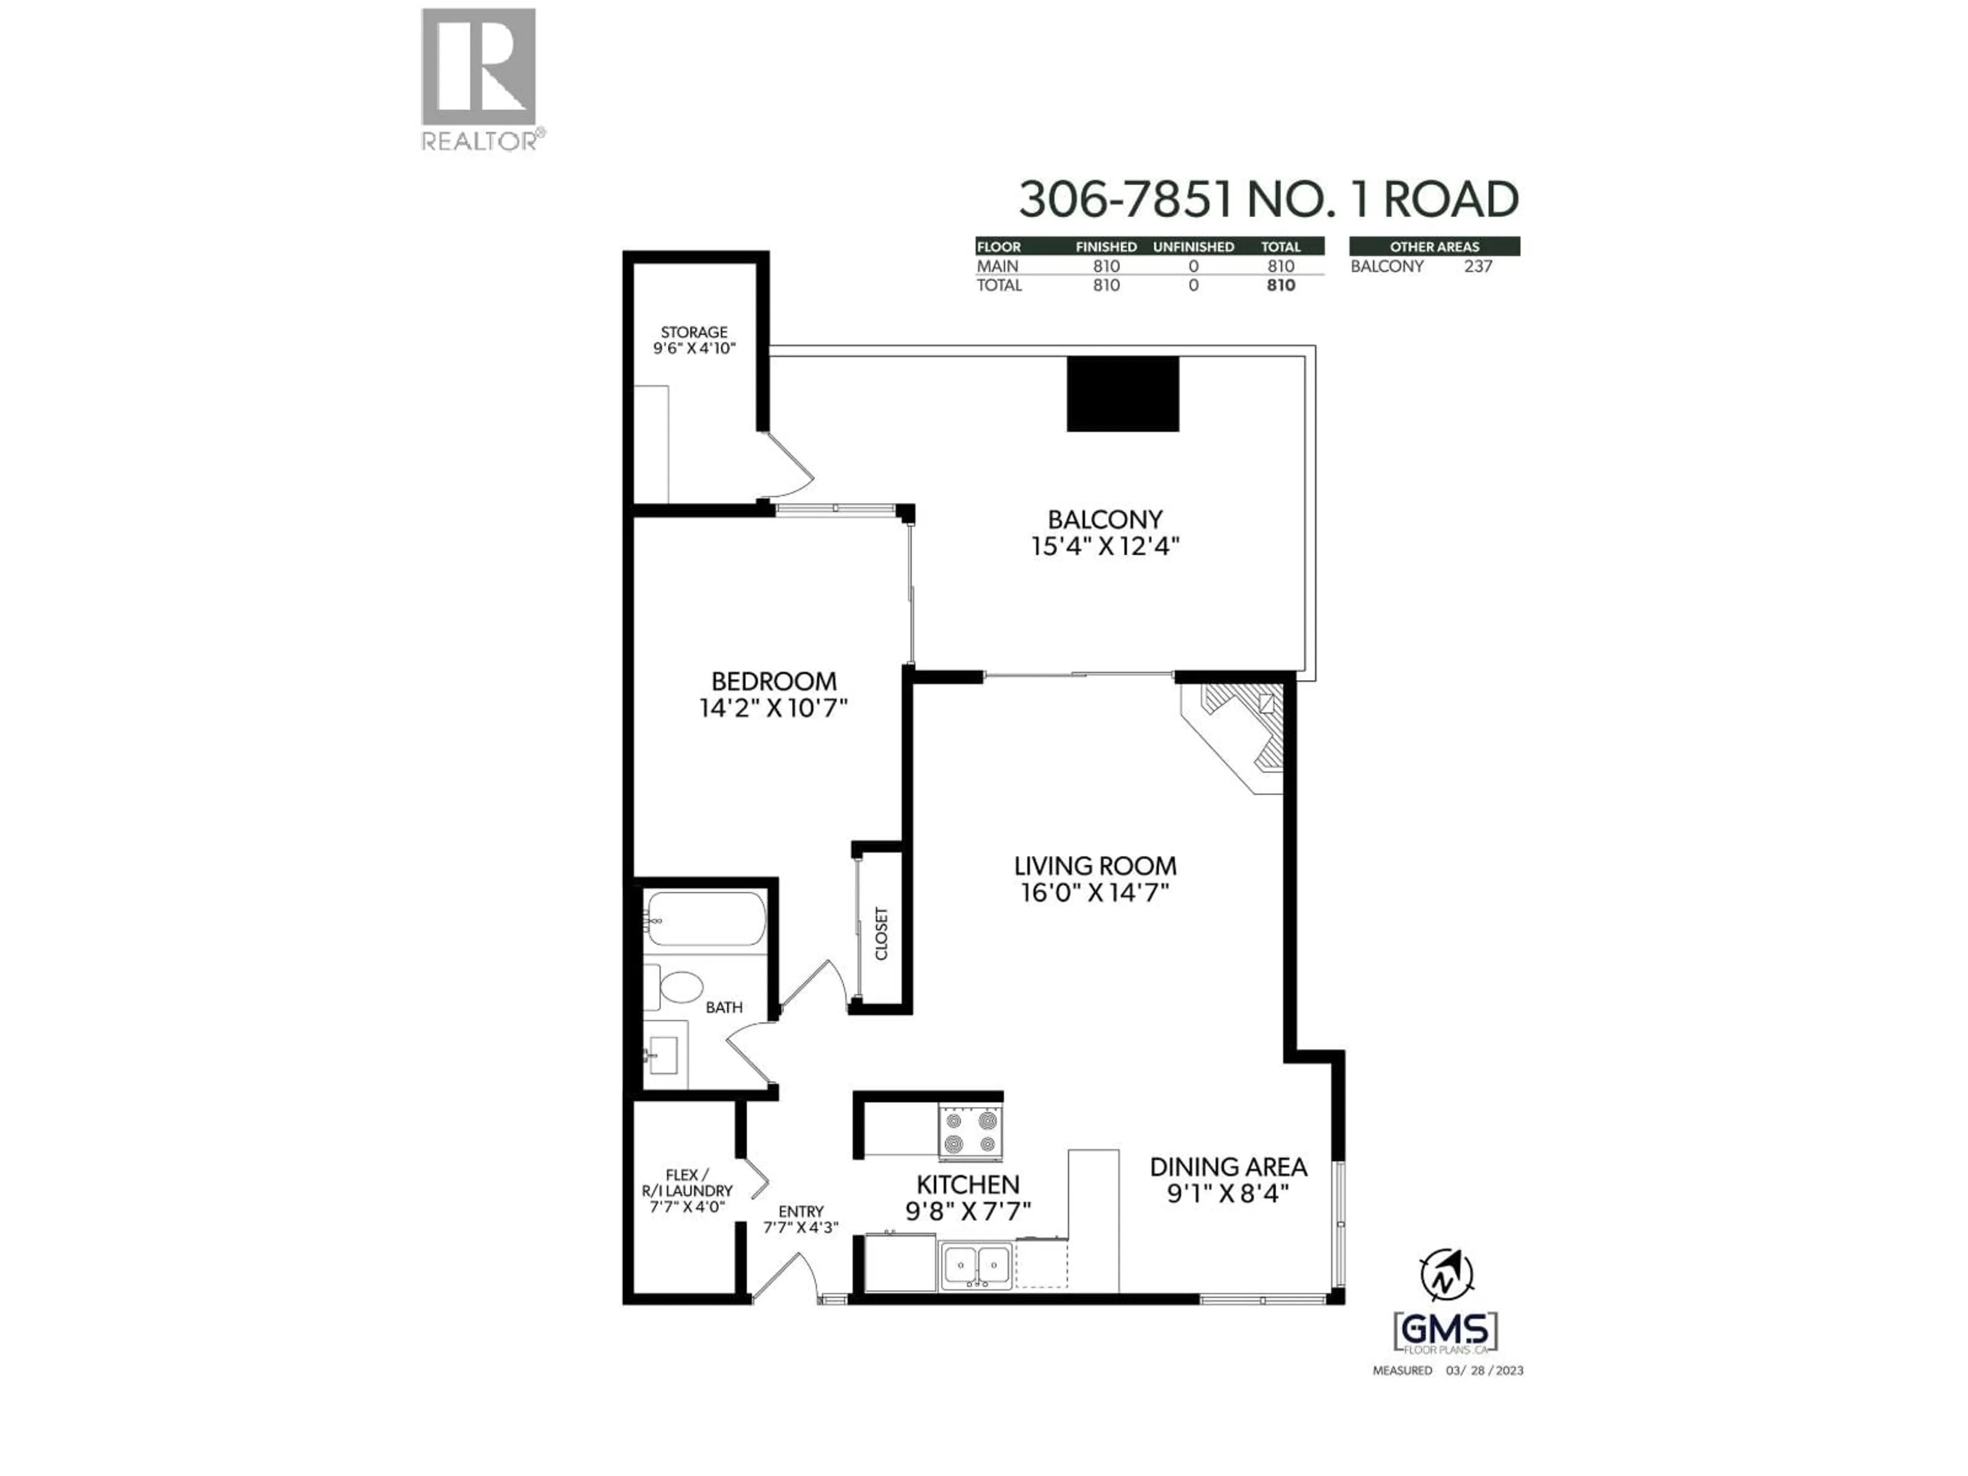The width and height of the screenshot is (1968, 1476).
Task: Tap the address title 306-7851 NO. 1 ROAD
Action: pos(1268,199)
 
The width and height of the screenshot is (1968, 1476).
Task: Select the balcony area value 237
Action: pos(1478,266)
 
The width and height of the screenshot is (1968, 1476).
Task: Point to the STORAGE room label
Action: pos(694,333)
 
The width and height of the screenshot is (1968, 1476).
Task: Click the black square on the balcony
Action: pos(1123,394)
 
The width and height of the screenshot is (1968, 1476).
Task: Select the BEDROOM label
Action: pos(773,682)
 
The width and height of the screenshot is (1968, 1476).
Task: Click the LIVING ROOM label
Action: pos(1095,866)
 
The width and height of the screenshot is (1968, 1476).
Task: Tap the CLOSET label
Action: pos(881,933)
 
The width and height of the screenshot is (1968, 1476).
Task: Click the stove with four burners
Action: pos(970,1131)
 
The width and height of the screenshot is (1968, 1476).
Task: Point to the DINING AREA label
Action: pos(1228,1166)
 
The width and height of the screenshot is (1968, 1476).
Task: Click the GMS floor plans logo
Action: pos(1445,1332)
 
